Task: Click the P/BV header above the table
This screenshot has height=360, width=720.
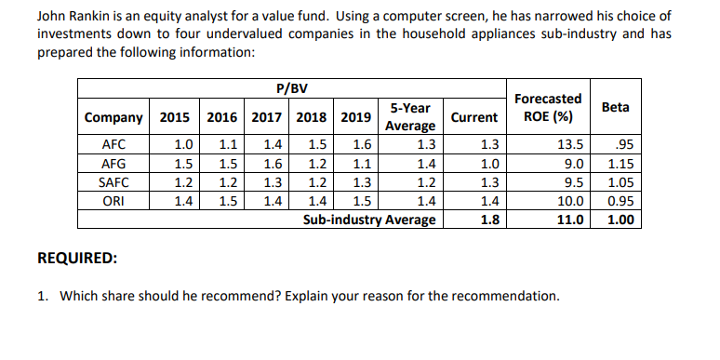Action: [292, 88]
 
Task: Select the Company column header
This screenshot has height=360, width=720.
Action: [113, 117]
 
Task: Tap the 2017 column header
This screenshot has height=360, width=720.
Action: [267, 117]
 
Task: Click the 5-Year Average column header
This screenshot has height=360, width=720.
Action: [410, 117]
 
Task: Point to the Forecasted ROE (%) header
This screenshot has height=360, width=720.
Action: [548, 107]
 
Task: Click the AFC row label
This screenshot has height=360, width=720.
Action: [113, 144]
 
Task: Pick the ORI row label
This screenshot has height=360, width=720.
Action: [113, 200]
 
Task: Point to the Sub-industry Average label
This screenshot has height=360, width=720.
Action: [369, 220]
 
